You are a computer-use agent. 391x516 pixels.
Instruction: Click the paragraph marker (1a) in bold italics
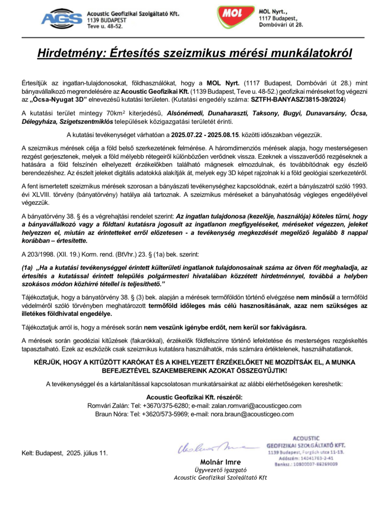point(27,268)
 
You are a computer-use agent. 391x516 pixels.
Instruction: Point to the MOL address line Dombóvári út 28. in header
point(281,25)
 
